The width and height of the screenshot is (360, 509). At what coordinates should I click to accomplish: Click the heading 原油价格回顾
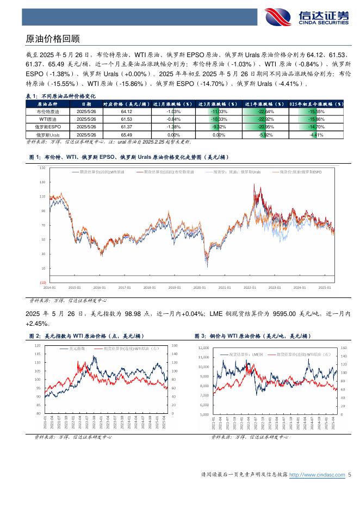tap(53, 39)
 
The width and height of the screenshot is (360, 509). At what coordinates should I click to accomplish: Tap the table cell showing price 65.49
tap(127, 134)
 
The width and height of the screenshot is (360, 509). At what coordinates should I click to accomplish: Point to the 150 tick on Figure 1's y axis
tap(42, 168)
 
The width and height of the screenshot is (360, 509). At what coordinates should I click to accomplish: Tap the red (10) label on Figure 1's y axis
tap(42, 283)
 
